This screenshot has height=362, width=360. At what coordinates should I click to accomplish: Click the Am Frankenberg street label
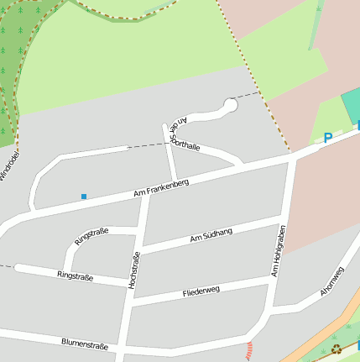click(x=161, y=188)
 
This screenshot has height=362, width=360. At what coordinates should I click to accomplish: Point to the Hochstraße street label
click(x=133, y=271)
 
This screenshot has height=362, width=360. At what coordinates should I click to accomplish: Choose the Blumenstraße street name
click(x=85, y=344)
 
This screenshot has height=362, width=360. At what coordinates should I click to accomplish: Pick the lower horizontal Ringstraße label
click(x=76, y=275)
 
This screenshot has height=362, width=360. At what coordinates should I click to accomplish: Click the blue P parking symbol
click(x=328, y=139)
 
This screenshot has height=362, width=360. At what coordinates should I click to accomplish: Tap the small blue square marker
click(x=84, y=197)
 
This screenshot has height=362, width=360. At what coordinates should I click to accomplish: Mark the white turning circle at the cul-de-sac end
click(x=230, y=105)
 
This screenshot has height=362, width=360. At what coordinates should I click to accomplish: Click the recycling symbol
click(x=336, y=349)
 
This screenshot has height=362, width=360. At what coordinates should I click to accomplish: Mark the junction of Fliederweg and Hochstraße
click(x=129, y=303)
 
